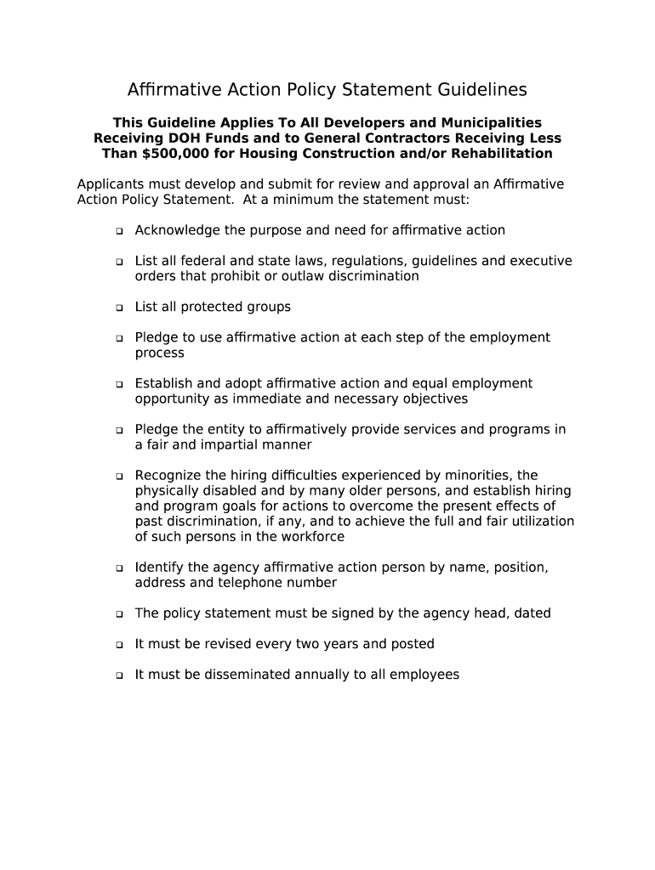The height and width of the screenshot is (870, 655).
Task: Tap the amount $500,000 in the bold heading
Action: [165, 154]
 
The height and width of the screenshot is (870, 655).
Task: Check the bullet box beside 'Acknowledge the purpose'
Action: [119, 231]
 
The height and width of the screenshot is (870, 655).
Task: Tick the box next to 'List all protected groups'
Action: [119, 308]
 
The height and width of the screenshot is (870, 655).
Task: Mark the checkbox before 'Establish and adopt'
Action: [119, 385]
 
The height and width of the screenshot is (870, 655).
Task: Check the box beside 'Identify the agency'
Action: [119, 568]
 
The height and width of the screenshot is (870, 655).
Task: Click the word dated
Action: [532, 613]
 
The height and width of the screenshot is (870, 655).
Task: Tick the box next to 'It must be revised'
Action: [119, 645]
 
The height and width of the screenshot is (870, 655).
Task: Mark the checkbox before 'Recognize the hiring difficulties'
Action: [119, 477]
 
